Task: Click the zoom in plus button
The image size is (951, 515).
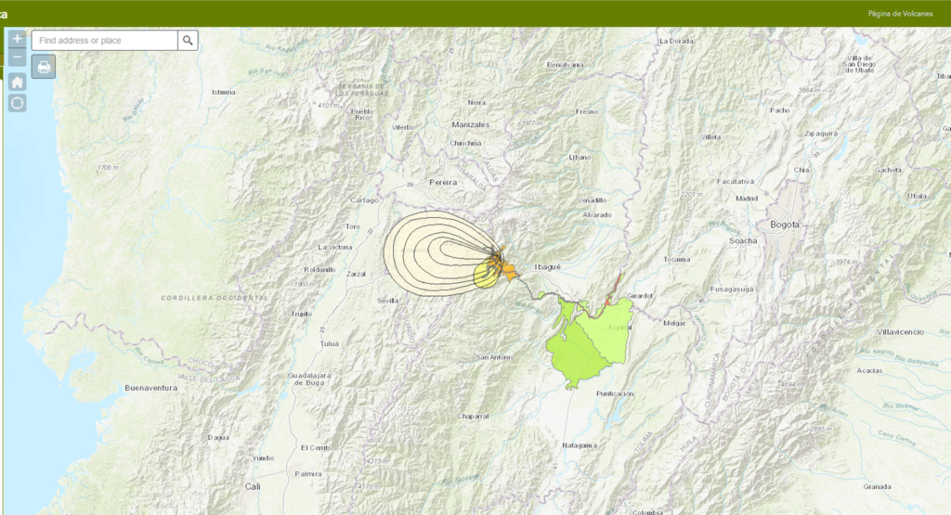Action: coord(18,39)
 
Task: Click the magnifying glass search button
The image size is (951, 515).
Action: coord(188,40)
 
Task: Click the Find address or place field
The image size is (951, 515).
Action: coord(105,40)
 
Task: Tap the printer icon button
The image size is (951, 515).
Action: coord(44,66)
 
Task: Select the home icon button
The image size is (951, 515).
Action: coord(18,82)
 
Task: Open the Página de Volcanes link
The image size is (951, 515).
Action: coord(900,14)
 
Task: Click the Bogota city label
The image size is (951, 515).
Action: coord(784,225)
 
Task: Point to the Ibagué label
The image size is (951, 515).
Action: coord(547,267)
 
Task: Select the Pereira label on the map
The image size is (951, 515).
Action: coord(443,183)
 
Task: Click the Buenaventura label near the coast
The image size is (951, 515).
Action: coord(150,388)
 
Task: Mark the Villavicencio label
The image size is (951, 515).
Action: coord(902,331)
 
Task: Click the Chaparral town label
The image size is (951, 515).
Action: coord(473,416)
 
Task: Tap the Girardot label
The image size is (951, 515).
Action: coord(641,295)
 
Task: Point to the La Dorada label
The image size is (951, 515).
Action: coord(676,41)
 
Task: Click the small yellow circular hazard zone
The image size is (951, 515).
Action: coord(487,274)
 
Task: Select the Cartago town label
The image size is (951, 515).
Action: coord(364,200)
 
